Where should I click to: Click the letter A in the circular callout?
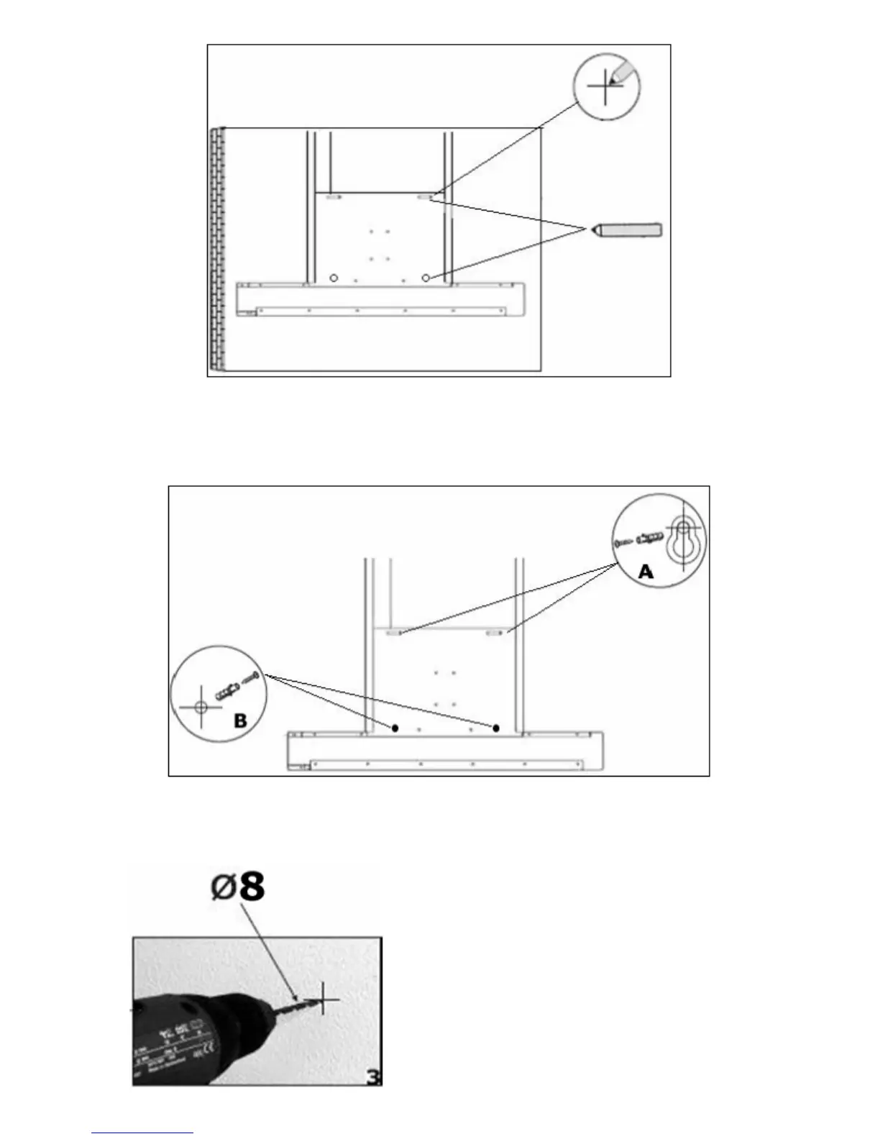[x=646, y=572]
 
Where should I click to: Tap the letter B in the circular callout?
[x=240, y=721]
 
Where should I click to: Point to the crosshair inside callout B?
[x=201, y=706]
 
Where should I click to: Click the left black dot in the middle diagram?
[x=395, y=728]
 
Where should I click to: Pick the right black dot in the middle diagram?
[x=496, y=728]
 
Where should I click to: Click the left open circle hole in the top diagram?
[x=333, y=278]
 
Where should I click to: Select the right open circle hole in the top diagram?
[x=426, y=278]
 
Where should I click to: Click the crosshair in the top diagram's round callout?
[x=605, y=86]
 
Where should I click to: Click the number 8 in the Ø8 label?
[x=251, y=886]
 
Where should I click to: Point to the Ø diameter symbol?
[x=223, y=887]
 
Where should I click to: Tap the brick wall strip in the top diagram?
[x=216, y=249]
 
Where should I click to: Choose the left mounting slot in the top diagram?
[x=334, y=196]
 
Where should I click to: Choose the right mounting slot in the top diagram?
[x=426, y=196]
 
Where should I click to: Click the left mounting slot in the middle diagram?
[x=394, y=633]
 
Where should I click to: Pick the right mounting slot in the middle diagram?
[x=495, y=633]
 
